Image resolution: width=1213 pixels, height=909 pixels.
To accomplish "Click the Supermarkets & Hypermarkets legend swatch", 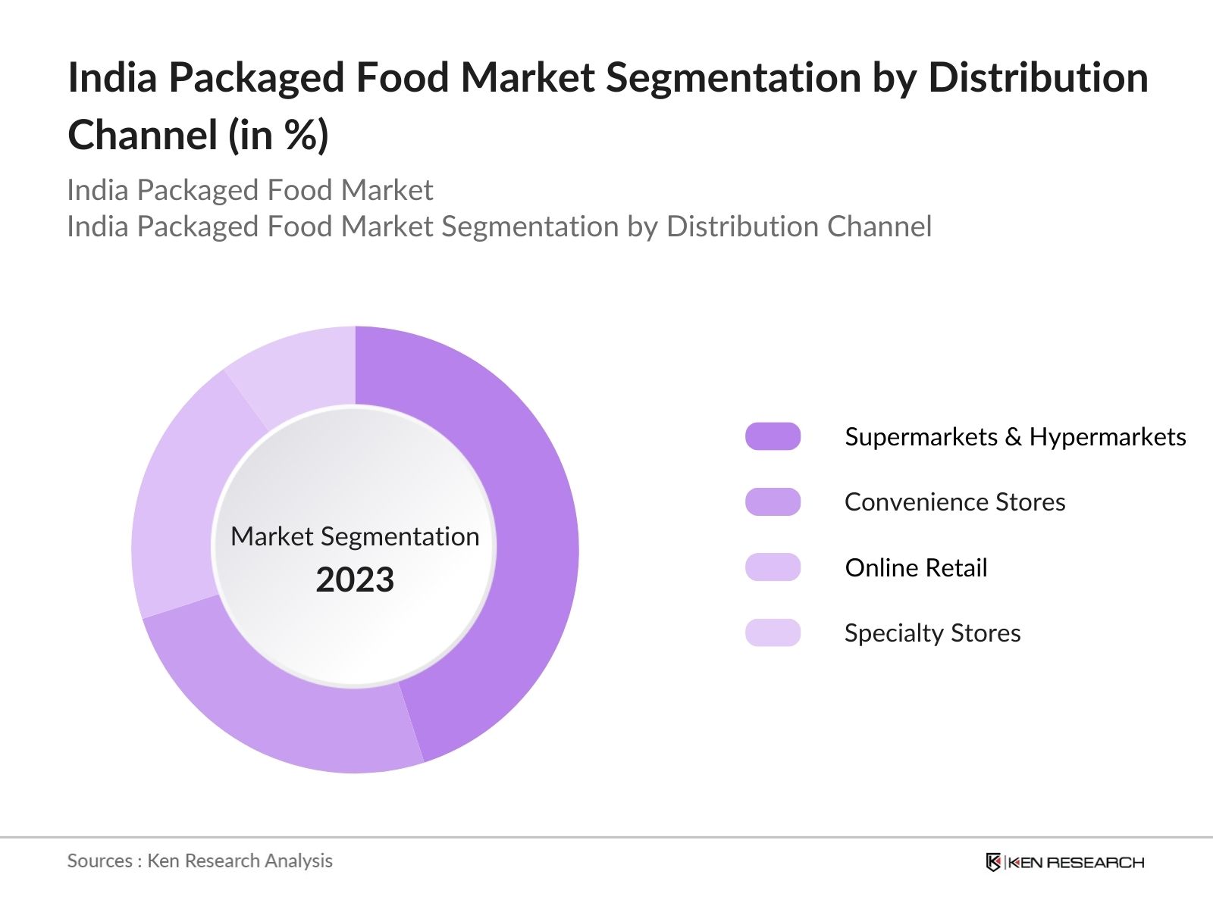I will click(773, 436).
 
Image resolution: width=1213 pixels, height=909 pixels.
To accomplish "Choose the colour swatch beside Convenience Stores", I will click(773, 501).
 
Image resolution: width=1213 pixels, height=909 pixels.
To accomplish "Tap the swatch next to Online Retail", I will click(773, 567).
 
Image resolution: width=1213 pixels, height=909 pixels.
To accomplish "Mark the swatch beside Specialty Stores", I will click(773, 633).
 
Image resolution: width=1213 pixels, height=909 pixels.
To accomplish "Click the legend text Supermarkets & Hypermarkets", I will click(1014, 437).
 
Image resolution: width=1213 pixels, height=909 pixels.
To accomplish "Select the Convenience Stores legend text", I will click(954, 502).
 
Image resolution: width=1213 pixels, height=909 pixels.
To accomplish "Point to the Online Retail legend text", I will click(916, 568).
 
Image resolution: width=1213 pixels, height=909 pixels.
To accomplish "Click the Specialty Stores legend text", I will click(932, 633).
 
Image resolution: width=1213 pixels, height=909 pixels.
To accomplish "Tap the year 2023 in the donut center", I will click(355, 580).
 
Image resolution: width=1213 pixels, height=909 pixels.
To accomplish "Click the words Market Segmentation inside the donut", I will click(355, 536).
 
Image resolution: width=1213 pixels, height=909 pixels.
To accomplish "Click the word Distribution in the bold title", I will click(1038, 78).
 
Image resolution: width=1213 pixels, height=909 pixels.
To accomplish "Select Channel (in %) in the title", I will click(198, 136).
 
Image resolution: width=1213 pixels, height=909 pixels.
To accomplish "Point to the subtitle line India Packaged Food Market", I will click(249, 190).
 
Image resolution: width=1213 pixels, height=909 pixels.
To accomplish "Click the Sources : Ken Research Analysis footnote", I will click(199, 861).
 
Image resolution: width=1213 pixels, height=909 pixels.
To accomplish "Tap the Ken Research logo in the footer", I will click(1064, 862).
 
